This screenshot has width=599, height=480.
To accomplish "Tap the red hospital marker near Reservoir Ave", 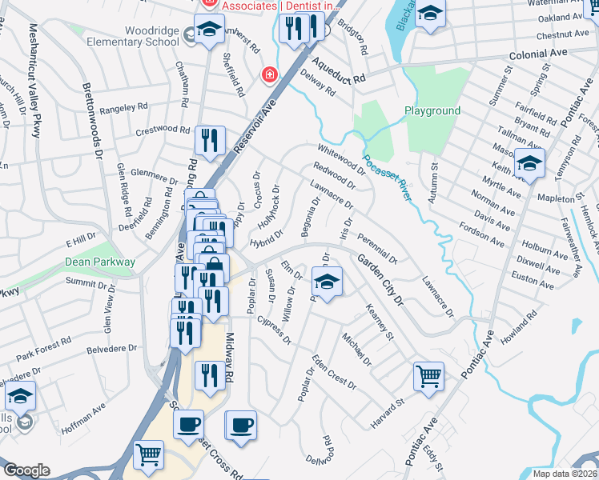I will [x=270, y=75].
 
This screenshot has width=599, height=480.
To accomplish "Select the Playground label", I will [x=432, y=110].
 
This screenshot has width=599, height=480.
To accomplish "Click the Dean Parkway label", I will [x=100, y=262].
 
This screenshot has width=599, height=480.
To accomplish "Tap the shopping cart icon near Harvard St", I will [x=428, y=375].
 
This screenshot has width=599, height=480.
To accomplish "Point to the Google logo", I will [x=26, y=470].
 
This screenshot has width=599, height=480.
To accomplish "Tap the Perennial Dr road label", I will [x=377, y=246].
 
